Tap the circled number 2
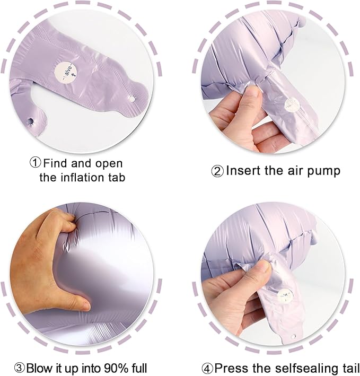click(x=217, y=171)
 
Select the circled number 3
click(x=19, y=368)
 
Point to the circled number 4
click(x=208, y=368)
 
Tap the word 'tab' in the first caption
click(x=116, y=177)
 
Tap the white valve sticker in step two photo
click(x=290, y=104)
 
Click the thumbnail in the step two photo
click(x=253, y=91)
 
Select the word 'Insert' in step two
click(x=241, y=171)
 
